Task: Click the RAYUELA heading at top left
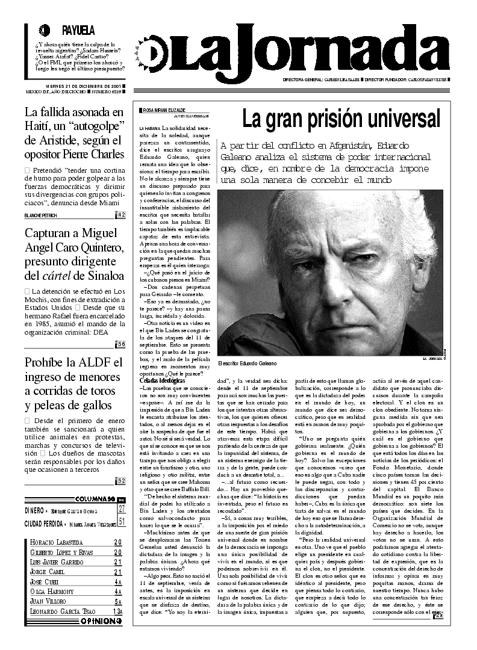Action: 78,31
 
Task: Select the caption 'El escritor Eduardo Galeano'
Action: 247,364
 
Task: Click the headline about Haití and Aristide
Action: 74,132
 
